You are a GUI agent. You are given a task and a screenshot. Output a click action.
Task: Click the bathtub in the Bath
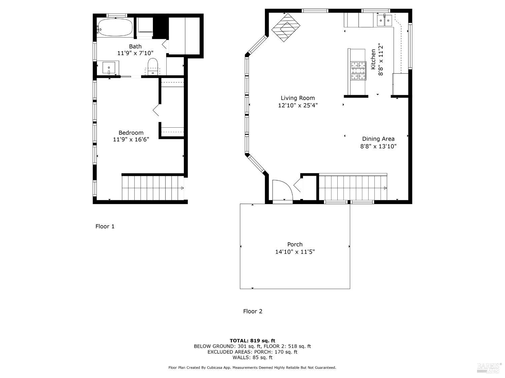pos(115,27)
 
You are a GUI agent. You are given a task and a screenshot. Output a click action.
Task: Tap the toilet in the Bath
pos(153,65)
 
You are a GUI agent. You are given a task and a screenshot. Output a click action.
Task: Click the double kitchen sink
pos(384,20)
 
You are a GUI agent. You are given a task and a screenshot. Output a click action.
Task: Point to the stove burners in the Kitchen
pos(358,71)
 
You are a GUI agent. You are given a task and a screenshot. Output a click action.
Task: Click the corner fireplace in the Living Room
pos(285,28)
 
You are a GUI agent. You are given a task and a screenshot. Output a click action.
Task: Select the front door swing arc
pos(282,190)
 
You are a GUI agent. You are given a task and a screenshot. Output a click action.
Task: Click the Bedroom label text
pos(131,133)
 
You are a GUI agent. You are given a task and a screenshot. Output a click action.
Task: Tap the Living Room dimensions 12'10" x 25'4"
pos(298,105)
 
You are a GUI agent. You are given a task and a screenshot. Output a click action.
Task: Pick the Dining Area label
pos(378,139)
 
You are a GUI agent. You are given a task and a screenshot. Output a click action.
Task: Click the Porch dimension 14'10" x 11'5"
pos(295,252)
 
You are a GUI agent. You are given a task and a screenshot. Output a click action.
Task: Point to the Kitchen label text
pos(373,59)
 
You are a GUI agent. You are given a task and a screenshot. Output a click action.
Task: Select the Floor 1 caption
pos(105,226)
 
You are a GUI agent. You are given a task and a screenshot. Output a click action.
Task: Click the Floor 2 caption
pos(252,311)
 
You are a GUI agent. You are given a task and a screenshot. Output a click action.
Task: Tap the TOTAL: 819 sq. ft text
pos(252,341)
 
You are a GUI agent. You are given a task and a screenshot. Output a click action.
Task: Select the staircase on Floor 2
pos(352,187)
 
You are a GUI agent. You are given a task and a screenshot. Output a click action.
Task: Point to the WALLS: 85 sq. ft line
pos(252,358)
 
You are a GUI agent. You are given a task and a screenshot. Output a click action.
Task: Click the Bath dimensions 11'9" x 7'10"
pos(135,53)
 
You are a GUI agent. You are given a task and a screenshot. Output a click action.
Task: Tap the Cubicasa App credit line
pos(252,368)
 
